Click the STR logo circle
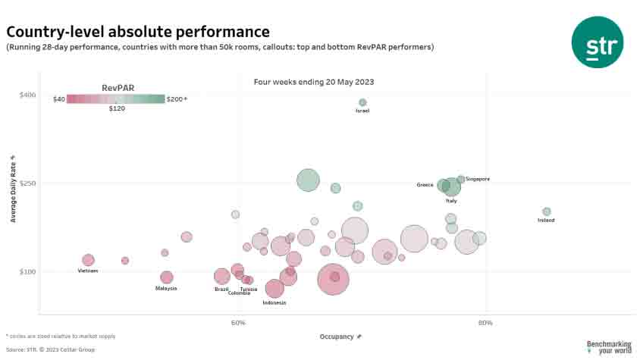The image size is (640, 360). coord(598,42)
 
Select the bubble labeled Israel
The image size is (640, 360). coord(362,102)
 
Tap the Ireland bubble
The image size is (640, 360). coord(546,211)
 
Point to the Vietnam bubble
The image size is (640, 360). coord(88,260)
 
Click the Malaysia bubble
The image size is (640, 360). coord(167,277)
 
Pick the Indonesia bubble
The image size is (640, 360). coord(275,289)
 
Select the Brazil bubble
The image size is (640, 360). coord(221,276)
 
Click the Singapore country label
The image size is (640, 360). coord(478,179)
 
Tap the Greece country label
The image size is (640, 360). coord(425,185)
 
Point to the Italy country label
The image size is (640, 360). coord(451,201)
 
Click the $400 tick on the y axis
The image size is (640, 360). coord(28,95)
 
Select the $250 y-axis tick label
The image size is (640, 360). coord(28,183)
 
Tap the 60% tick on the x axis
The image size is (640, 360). coord(238,323)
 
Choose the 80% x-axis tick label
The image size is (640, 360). coord(485,323)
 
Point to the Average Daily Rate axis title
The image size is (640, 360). coord(14,188)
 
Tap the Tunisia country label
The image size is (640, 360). coord(249,289)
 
